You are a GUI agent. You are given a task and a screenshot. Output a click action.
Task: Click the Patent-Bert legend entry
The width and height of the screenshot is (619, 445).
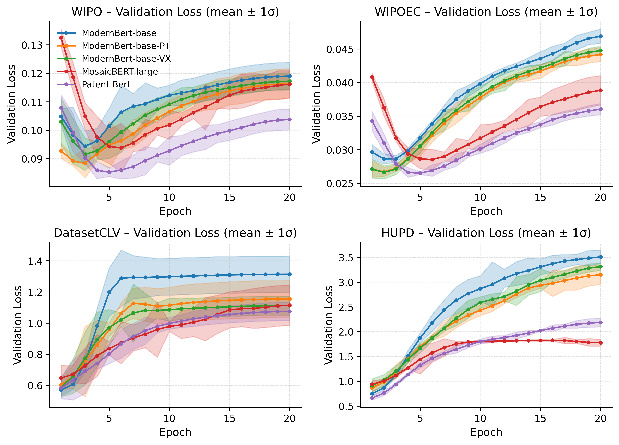tap(106, 84)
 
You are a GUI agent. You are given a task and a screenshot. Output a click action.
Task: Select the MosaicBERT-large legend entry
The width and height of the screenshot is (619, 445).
tap(119, 72)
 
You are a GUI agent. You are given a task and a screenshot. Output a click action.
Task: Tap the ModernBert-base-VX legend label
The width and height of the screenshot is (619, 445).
tap(126, 59)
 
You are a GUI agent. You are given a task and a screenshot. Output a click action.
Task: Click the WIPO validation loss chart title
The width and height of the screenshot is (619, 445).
tap(175, 12)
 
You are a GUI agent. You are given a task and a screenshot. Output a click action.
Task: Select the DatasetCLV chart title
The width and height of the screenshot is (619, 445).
tap(175, 233)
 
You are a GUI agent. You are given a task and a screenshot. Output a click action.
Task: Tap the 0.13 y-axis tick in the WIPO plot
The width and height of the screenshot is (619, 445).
tap(32, 45)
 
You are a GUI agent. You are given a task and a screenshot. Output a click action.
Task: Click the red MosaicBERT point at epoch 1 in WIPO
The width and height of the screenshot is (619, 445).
tap(61, 38)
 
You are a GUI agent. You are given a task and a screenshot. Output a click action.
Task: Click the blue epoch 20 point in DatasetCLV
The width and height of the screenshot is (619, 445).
tap(290, 274)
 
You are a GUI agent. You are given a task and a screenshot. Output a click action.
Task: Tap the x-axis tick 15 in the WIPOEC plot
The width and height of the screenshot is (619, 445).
tap(540, 197)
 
